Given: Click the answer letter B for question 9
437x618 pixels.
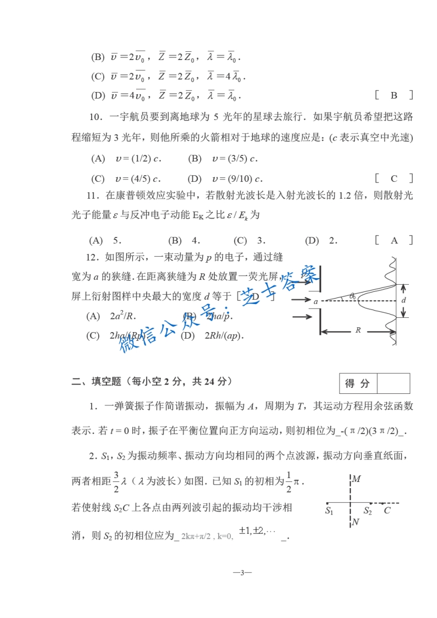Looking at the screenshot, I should (x=394, y=95).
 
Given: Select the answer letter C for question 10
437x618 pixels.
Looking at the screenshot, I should (x=394, y=178).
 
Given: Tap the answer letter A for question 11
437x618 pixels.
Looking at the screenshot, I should (x=394, y=240).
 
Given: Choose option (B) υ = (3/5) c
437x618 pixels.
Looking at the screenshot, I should (x=223, y=159).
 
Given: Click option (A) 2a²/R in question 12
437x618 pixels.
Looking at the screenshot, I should (x=110, y=316).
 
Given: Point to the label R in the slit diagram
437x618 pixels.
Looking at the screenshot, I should (x=358, y=330).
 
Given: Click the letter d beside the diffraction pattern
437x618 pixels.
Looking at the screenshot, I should (x=403, y=300).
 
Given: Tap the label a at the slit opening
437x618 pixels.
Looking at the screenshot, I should (x=316, y=302).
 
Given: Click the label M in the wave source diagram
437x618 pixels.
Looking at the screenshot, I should (x=356, y=479).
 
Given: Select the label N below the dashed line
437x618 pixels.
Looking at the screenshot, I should (x=355, y=522).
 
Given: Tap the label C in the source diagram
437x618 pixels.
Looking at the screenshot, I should (x=387, y=511).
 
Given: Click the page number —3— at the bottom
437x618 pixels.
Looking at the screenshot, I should (x=242, y=573).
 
